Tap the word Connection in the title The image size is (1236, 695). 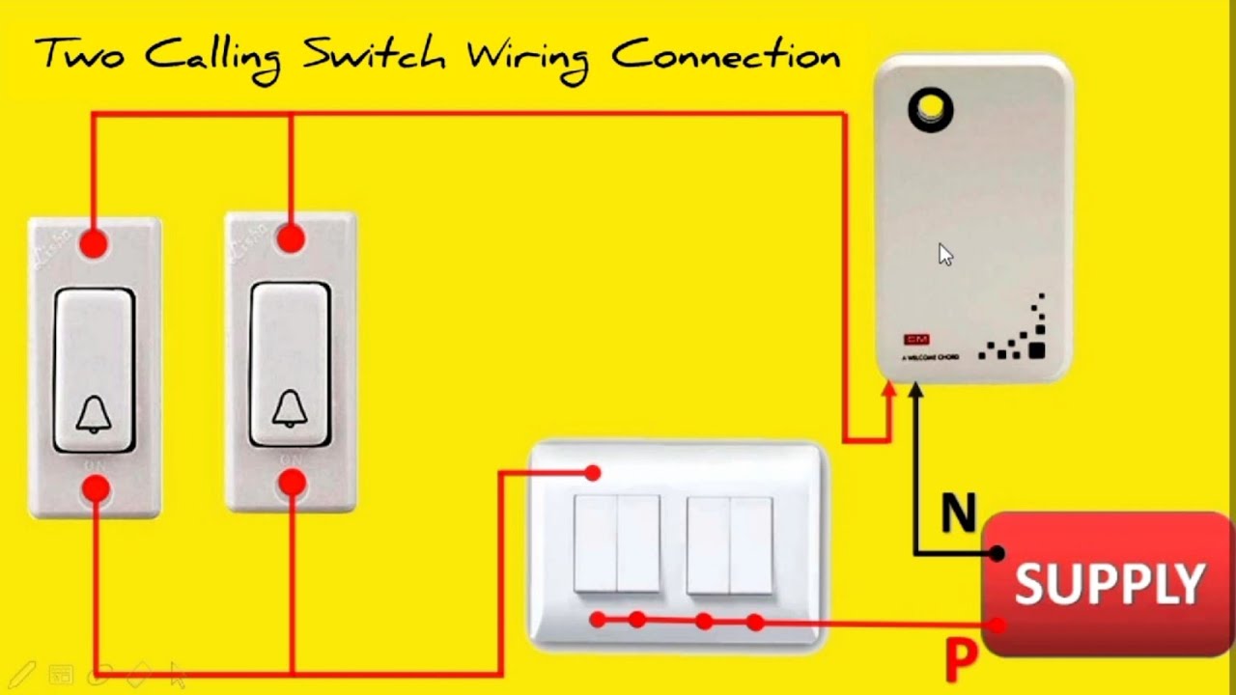click(x=725, y=55)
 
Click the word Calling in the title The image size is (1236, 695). click(x=214, y=58)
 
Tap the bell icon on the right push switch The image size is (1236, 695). click(x=290, y=409)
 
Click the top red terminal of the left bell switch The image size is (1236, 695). click(x=94, y=243)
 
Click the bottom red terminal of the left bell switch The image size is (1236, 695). click(x=96, y=489)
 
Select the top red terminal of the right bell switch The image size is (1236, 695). click(x=291, y=238)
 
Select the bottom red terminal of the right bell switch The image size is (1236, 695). click(x=292, y=483)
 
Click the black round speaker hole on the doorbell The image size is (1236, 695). click(x=931, y=110)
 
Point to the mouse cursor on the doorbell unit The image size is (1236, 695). click(x=945, y=255)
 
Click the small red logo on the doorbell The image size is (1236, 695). click(x=915, y=340)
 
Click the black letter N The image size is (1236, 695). click(x=958, y=514)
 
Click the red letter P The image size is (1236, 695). click(x=961, y=661)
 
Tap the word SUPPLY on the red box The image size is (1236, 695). click(x=1110, y=583)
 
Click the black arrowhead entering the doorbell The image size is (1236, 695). click(x=915, y=390)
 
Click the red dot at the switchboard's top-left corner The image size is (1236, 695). click(x=593, y=473)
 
